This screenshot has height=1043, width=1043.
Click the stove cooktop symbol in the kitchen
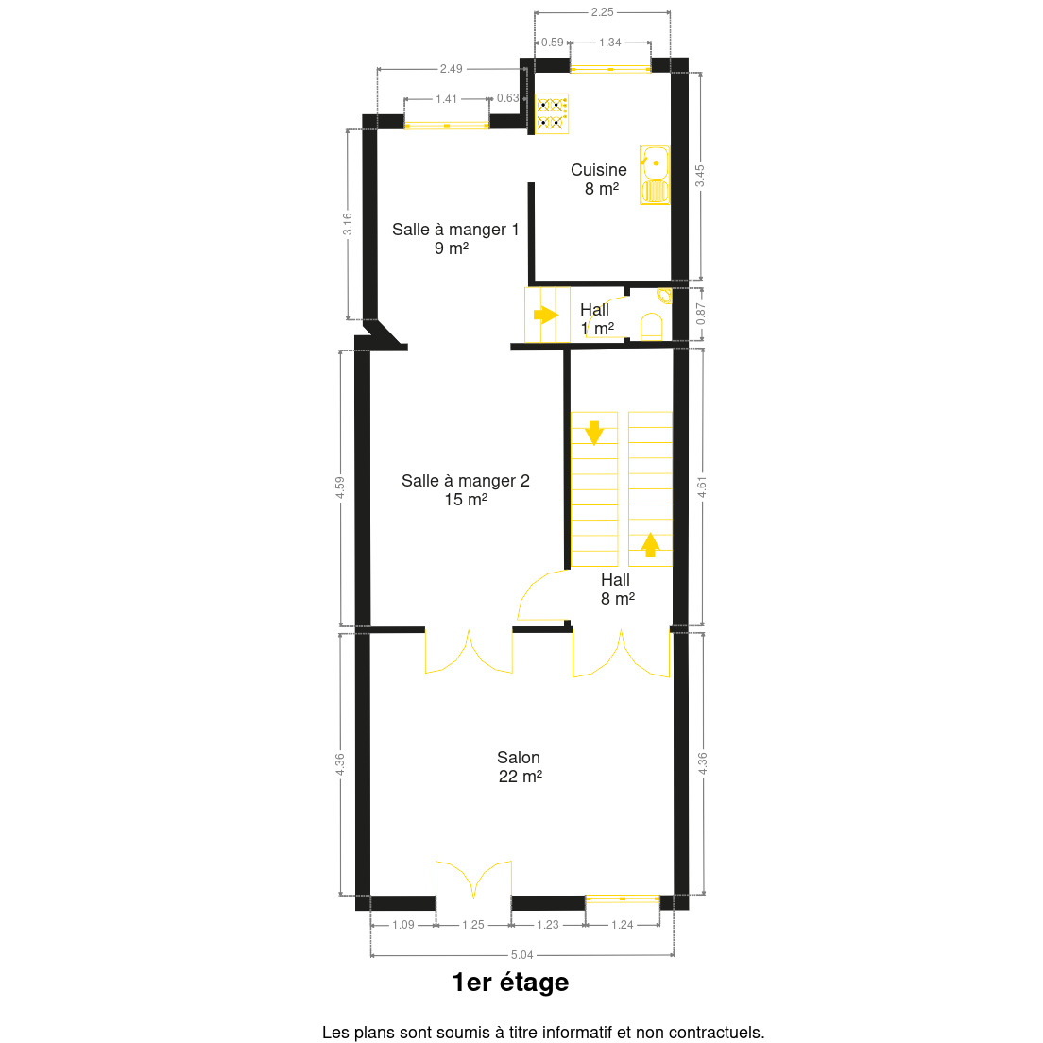click(552, 113)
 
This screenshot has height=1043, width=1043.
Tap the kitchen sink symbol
click(655, 175)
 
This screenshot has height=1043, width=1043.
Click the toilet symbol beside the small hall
click(651, 327)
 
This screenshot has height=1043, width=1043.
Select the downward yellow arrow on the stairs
click(594, 433)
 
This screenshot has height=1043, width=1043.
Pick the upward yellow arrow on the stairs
click(650, 545)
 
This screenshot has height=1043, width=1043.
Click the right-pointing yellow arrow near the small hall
click(546, 314)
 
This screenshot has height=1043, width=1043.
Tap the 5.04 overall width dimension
click(521, 955)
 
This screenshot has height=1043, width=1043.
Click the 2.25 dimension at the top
click(602, 12)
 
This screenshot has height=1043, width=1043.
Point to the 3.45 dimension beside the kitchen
click(700, 177)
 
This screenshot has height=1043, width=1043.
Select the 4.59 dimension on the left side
click(340, 487)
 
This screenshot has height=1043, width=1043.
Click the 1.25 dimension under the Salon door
click(473, 925)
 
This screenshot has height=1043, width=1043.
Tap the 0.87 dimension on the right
click(700, 314)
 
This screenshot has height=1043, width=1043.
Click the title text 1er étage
click(510, 983)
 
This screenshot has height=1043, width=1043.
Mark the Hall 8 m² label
click(617, 590)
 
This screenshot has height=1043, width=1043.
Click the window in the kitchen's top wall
click(610, 69)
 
